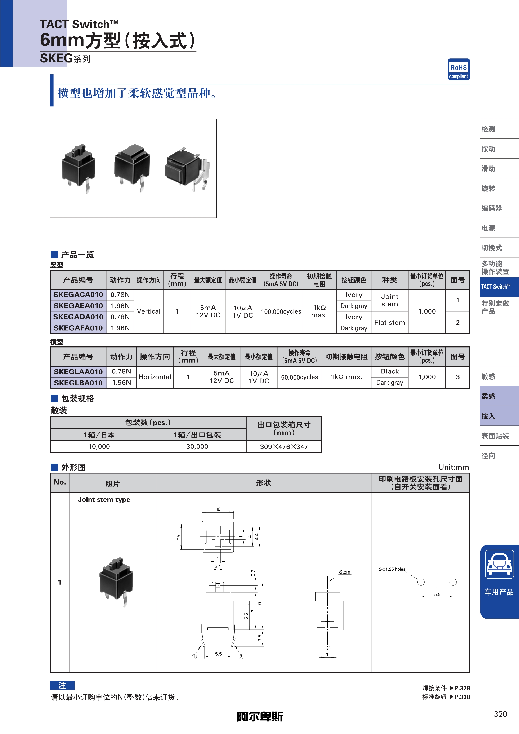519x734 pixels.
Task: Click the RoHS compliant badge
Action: [x=458, y=69]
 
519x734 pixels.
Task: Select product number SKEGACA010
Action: [x=78, y=295]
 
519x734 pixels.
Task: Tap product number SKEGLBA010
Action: [x=78, y=383]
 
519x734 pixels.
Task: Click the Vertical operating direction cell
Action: [x=149, y=311]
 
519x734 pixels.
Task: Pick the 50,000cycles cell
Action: [x=299, y=377]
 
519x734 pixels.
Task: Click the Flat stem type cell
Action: [x=390, y=323]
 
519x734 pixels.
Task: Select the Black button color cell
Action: [x=390, y=371]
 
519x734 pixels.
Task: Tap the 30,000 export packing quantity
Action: [x=197, y=447]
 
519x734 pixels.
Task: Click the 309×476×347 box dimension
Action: [x=284, y=447]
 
